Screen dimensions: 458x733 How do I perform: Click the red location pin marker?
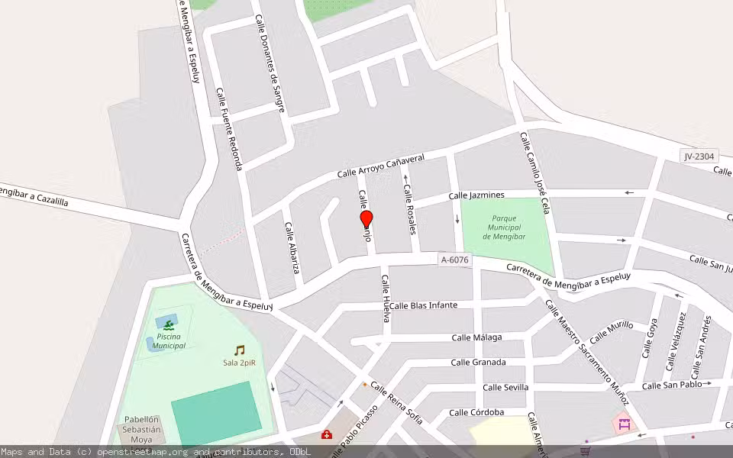pyautogui.click(x=366, y=220)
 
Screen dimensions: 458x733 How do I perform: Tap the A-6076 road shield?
pyautogui.click(x=455, y=260)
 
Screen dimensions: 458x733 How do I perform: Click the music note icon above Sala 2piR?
pyautogui.click(x=240, y=350)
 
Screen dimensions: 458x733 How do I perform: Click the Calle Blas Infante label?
pyautogui.click(x=423, y=305)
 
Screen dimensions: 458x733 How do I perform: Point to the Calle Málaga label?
pyautogui.click(x=476, y=337)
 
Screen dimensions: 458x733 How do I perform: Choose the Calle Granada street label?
pyautogui.click(x=478, y=363)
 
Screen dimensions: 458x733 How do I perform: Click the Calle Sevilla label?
pyautogui.click(x=505, y=387)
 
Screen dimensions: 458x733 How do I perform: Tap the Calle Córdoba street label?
pyautogui.click(x=476, y=413)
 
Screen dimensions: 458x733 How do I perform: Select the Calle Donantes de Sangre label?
pyautogui.click(x=270, y=65)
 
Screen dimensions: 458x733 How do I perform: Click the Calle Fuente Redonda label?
pyautogui.click(x=229, y=129)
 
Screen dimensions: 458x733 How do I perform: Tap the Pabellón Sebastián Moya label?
pyautogui.click(x=142, y=430)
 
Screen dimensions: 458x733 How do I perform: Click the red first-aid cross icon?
pyautogui.click(x=327, y=435)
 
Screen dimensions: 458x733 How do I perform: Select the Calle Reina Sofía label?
pyautogui.click(x=396, y=403)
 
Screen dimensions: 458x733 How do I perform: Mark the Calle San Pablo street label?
pyautogui.click(x=672, y=385)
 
